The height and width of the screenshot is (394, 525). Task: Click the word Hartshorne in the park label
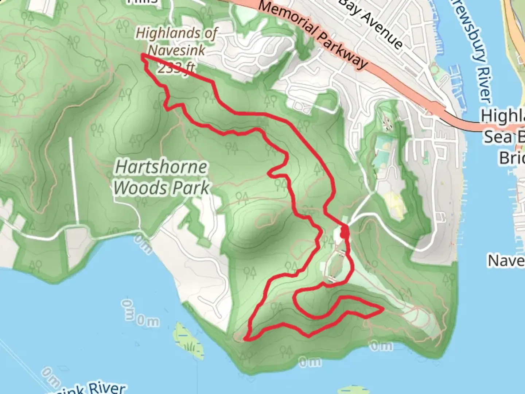[161, 167]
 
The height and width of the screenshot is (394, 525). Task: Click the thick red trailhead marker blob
[344, 232]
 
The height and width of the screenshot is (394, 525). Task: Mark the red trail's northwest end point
[142, 55]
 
